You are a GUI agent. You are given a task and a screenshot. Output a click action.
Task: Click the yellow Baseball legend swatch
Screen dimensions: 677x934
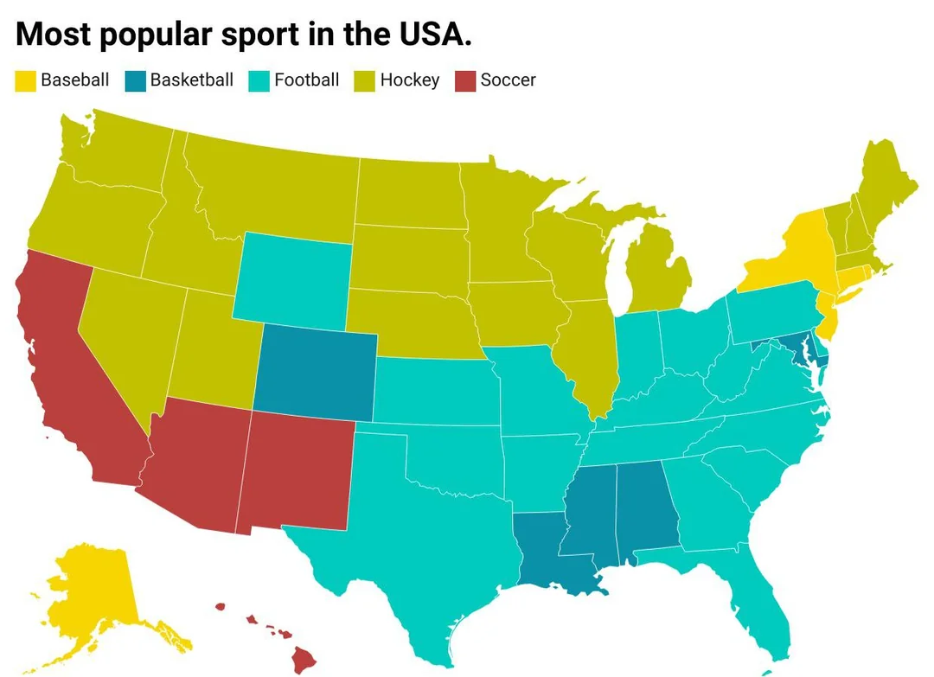coord(26,80)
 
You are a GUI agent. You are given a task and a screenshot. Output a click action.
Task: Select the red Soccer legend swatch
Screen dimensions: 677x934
coord(465,80)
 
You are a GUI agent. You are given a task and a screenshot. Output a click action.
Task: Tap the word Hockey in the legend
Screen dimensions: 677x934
coord(410,80)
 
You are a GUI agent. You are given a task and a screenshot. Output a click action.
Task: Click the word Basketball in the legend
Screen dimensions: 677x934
coord(191,80)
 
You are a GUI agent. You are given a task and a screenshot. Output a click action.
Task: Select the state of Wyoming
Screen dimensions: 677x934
coord(292,277)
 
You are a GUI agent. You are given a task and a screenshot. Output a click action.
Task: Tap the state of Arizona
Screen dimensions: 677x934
coord(197,467)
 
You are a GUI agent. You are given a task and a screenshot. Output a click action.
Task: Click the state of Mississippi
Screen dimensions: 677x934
coord(591,514)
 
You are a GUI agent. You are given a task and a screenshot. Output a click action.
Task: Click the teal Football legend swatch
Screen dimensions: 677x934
coord(259,80)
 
